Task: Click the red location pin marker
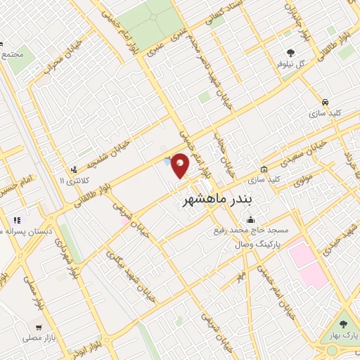pos(181,165)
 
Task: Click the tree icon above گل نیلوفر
pos(290,52)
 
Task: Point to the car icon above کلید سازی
pos(325,101)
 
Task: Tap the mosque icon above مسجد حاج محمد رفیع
pos(251,219)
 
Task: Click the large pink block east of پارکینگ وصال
pos(308,264)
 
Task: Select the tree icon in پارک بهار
pos(343,324)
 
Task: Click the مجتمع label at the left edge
pos(13,53)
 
